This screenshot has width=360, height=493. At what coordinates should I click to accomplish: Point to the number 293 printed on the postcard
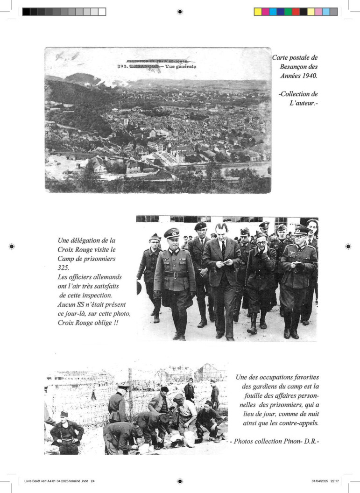click(121, 66)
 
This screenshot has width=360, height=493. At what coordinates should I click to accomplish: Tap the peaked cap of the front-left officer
click(171, 232)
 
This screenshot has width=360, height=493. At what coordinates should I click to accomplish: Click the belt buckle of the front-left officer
click(175, 276)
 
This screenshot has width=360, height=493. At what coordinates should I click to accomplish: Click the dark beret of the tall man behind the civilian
click(200, 226)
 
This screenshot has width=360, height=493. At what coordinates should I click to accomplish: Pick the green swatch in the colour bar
click(288, 12)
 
